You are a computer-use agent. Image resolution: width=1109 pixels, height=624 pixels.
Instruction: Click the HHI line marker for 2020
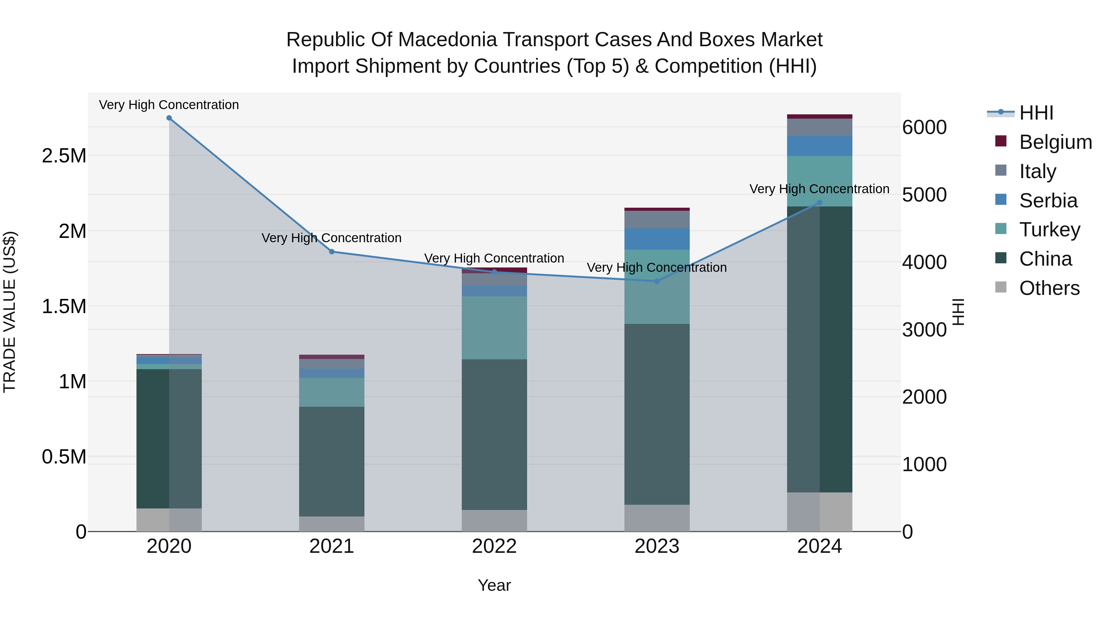169,118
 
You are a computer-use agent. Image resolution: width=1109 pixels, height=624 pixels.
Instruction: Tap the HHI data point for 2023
657,281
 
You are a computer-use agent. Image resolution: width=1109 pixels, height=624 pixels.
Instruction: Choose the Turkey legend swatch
1001,229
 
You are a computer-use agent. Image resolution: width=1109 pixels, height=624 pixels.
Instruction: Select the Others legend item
1049,288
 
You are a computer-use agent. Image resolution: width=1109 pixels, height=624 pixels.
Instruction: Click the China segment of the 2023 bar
657,414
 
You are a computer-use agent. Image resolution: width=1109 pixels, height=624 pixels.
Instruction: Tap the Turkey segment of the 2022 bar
494,327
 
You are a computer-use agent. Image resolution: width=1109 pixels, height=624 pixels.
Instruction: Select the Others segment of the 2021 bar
331,524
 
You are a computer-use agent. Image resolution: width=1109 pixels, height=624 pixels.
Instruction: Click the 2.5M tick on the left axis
64,156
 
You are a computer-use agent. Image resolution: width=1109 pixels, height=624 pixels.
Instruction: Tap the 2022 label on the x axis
494,546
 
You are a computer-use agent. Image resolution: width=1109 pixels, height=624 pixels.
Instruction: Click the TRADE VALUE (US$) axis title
10,312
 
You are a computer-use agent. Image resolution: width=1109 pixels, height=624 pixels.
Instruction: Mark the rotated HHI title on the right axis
958,312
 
